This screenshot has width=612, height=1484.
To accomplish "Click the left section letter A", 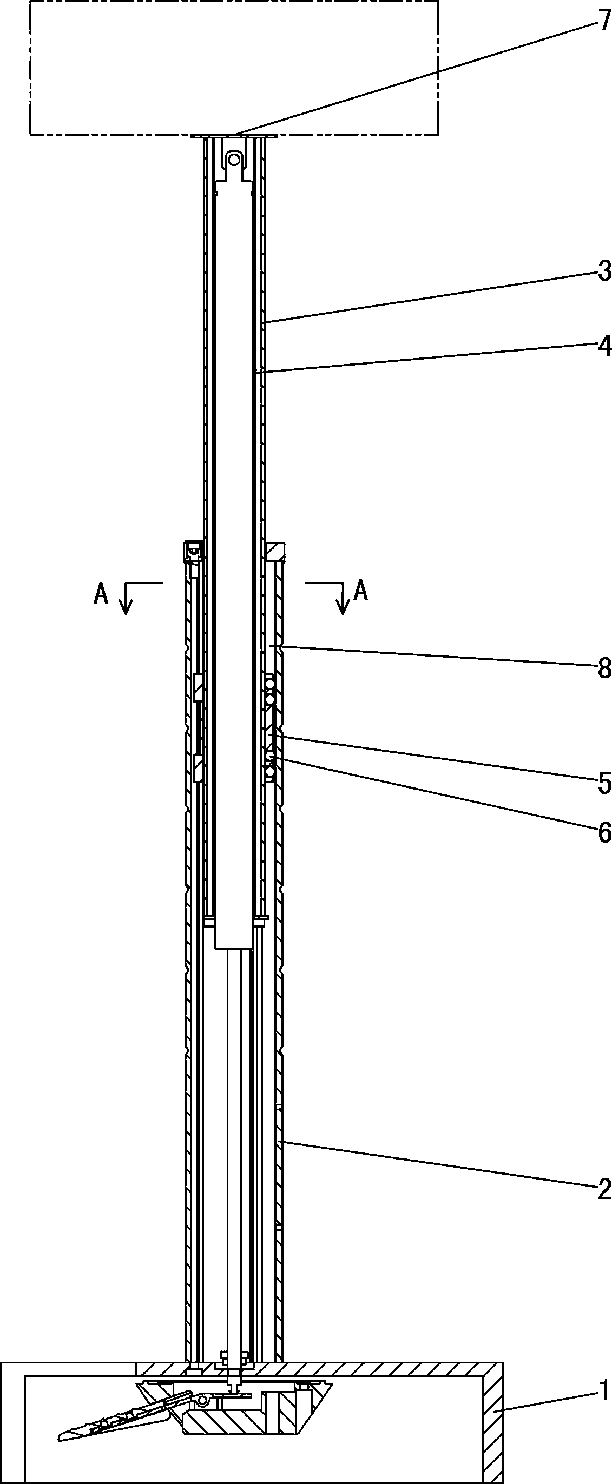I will pos(101,593).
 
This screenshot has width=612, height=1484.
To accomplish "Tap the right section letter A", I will pos(361,591).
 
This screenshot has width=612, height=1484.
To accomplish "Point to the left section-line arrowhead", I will pos(126,607).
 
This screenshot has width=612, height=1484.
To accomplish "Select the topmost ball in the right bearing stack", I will pos(269,683).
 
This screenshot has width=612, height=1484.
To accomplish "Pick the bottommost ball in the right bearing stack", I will pos(269,770).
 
